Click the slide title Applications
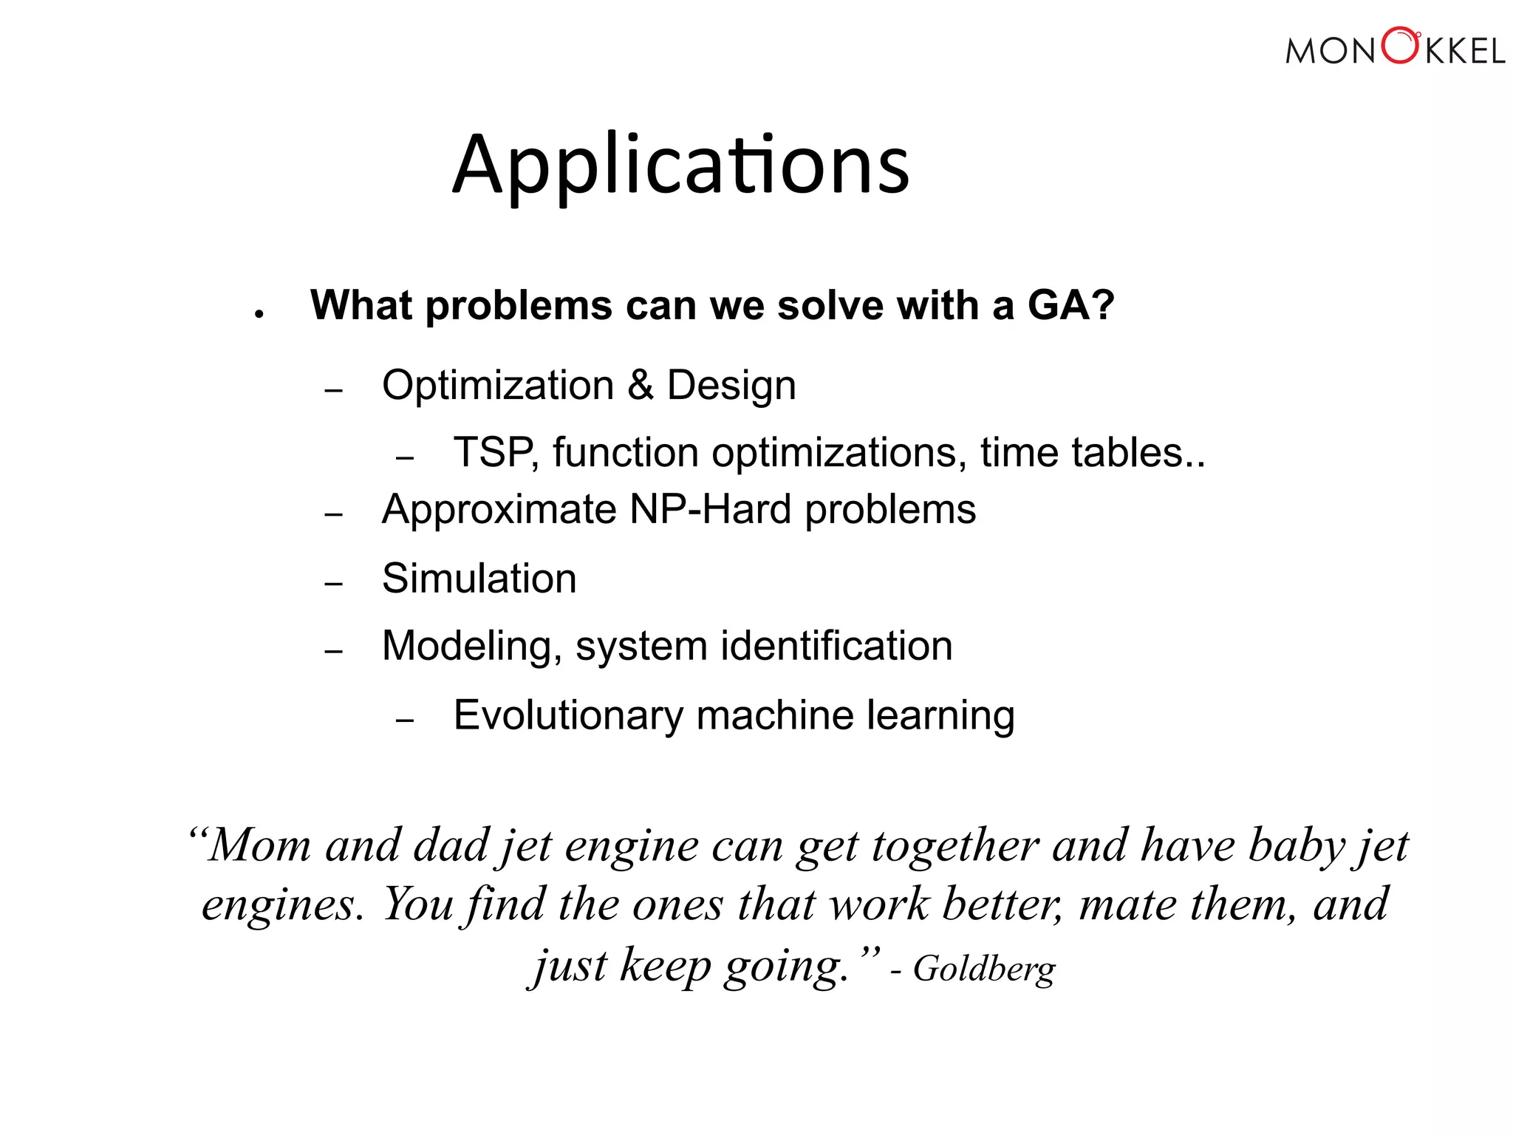click(x=680, y=166)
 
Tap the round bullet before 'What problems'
click(x=259, y=314)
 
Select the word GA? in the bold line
click(x=1070, y=304)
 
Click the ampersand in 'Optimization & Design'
click(x=641, y=385)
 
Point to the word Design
click(x=731, y=385)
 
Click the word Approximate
click(x=499, y=510)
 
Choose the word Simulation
click(x=479, y=578)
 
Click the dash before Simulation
click(x=334, y=584)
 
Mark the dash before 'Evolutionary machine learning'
click(x=405, y=720)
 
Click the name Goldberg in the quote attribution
click(x=984, y=969)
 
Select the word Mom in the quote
click(x=259, y=845)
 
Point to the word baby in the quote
click(x=1297, y=845)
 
